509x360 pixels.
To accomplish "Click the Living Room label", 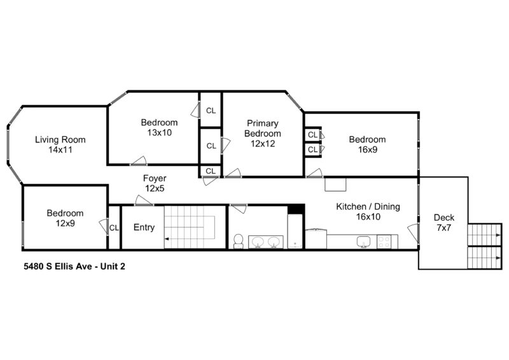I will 60,140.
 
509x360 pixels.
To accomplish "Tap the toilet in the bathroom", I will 239,240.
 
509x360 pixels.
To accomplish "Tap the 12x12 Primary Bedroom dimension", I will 263,144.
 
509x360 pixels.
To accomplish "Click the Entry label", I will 144,228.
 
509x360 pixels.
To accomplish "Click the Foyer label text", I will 155,178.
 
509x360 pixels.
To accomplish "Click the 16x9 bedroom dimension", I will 367,149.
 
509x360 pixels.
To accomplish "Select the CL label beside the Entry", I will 114,228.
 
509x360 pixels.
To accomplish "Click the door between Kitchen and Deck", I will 414,233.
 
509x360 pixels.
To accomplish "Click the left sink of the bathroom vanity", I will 258,241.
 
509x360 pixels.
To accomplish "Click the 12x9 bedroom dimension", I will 65,223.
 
